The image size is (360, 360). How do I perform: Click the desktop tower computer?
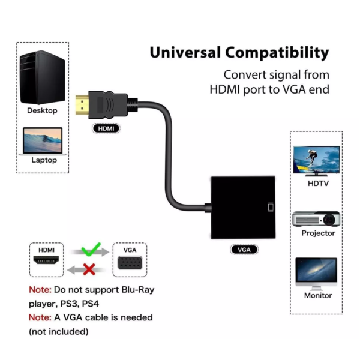pyautogui.click(x=42, y=77)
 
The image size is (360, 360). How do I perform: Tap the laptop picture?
pyautogui.click(x=43, y=141)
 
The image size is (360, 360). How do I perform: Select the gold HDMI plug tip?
pyautogui.click(x=82, y=105)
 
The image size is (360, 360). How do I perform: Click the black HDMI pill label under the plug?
pyautogui.click(x=106, y=128)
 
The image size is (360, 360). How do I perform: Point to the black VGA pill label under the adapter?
pyautogui.click(x=244, y=250)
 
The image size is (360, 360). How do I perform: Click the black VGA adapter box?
pyautogui.click(x=243, y=208)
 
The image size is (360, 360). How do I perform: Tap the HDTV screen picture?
pyautogui.click(x=316, y=161)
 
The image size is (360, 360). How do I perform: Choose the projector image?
pyautogui.click(x=316, y=218)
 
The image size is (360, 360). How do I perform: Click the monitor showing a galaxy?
pyautogui.click(x=316, y=274)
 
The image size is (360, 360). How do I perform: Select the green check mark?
pyautogui.click(x=91, y=249)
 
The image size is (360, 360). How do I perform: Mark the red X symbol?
pyautogui.click(x=89, y=269)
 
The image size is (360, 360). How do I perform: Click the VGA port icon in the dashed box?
pyautogui.click(x=130, y=263)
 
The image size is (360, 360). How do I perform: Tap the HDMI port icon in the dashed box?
pyautogui.click(x=46, y=260)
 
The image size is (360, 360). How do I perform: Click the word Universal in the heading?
pyautogui.click(x=185, y=52)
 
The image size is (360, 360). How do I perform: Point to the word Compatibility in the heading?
pyautogui.click(x=277, y=53)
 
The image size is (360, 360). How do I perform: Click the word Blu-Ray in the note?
pyautogui.click(x=138, y=290)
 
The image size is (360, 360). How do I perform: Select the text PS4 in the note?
pyautogui.click(x=91, y=304)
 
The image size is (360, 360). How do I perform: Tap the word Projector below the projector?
pyautogui.click(x=318, y=233)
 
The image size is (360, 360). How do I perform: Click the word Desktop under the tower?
pyautogui.click(x=42, y=110)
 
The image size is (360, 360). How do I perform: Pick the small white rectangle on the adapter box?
pyautogui.click(x=271, y=207)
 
